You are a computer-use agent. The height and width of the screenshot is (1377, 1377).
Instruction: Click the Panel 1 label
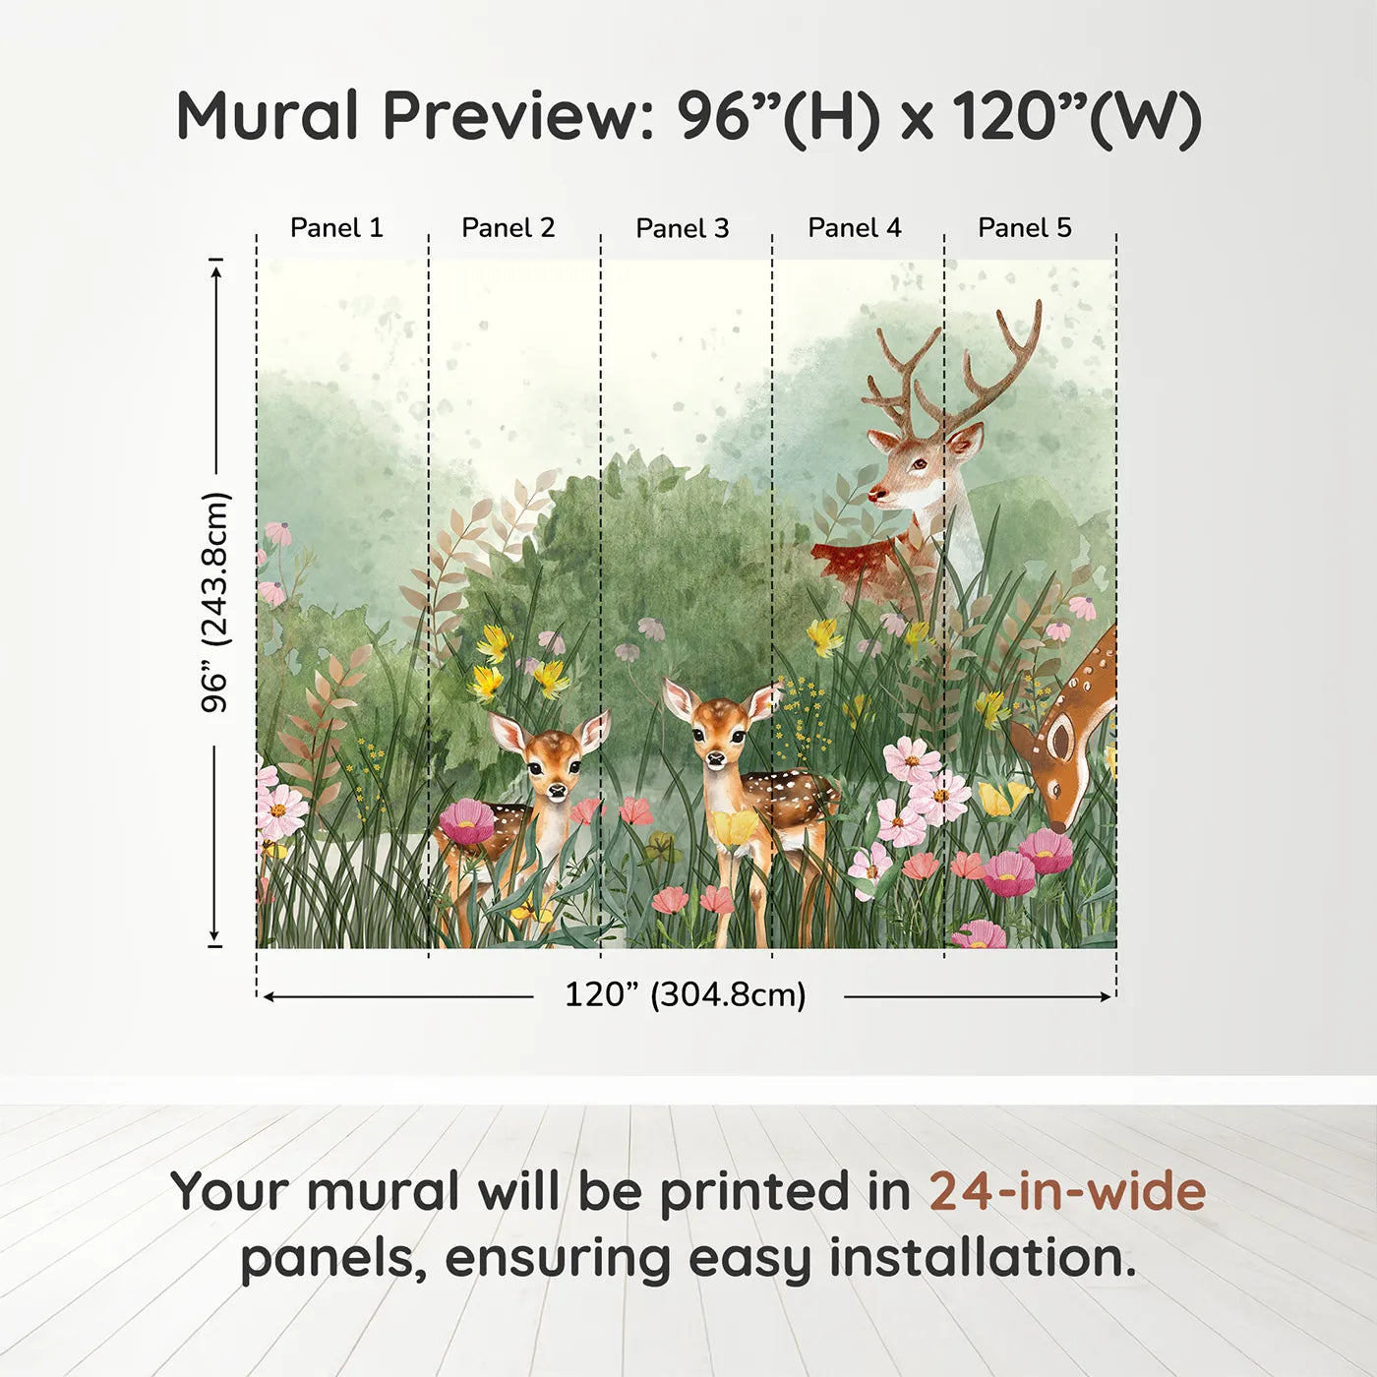[x=336, y=228]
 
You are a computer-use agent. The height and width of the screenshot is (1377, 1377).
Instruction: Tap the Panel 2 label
[x=509, y=228]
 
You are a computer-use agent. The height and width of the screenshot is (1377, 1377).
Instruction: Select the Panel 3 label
[x=683, y=229]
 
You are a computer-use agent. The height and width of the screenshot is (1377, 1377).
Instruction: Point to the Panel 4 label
[x=855, y=228]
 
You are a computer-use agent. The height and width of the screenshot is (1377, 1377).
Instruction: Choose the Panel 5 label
[x=1025, y=228]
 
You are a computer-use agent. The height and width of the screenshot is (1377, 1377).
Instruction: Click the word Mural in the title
[x=268, y=116]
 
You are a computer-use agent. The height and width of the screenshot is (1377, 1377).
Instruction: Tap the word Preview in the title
[x=511, y=116]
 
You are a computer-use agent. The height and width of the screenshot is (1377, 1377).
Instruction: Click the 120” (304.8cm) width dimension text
[x=686, y=994]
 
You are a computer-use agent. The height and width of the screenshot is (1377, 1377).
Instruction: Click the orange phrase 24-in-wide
[x=1067, y=1191]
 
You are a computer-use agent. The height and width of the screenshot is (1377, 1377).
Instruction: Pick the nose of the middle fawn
[x=717, y=758]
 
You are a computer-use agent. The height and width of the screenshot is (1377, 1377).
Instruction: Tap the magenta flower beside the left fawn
[x=466, y=821]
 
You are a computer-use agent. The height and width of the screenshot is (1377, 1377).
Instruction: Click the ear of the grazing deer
[x=1060, y=735]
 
